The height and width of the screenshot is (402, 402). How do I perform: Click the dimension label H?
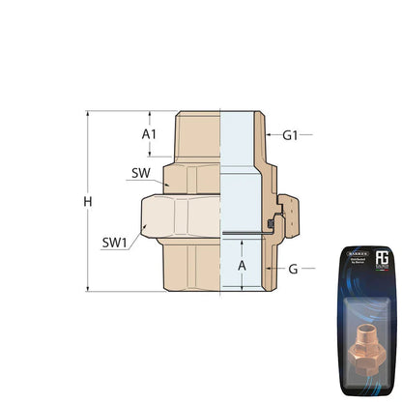[88, 202]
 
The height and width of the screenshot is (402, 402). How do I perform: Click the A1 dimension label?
[149, 134]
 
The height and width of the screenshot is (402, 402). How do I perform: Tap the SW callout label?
[139, 174]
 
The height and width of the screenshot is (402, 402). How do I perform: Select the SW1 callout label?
[115, 242]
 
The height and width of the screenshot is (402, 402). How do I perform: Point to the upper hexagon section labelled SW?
[193, 176]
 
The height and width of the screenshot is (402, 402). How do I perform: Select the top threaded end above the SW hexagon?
[197, 135]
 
